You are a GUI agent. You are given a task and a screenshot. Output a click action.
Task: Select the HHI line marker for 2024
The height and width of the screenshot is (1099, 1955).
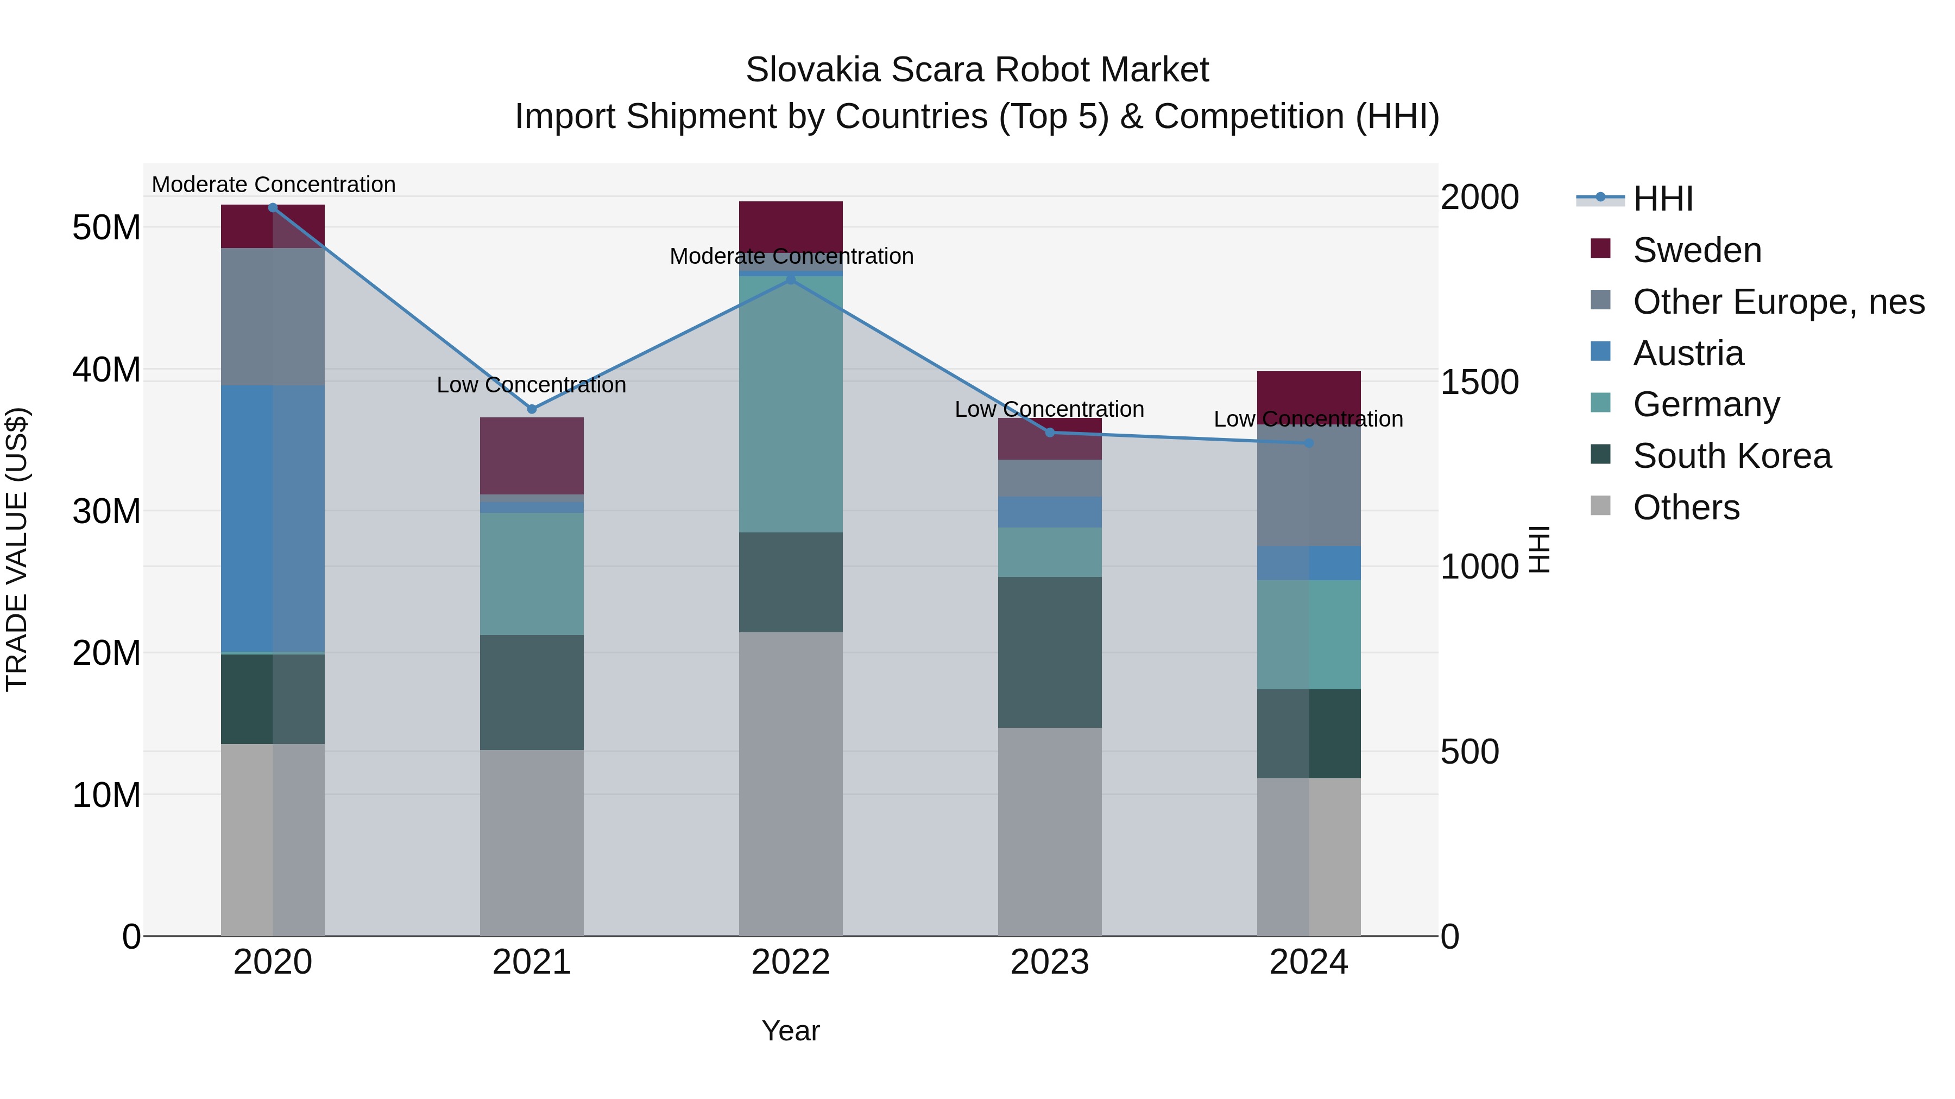(x=1308, y=443)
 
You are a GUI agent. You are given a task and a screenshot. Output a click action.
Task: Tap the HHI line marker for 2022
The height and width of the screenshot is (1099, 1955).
(x=790, y=279)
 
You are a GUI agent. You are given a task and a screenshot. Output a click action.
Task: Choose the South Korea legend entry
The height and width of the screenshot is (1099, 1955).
(x=1731, y=456)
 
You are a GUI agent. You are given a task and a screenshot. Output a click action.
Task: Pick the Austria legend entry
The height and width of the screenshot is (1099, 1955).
(x=1688, y=353)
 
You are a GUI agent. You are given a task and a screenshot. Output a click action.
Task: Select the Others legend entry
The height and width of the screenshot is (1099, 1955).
(x=1686, y=507)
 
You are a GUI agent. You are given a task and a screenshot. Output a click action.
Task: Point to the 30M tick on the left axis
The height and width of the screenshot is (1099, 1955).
(x=106, y=511)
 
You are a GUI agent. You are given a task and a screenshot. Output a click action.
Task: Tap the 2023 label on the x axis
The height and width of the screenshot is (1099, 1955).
(x=1050, y=962)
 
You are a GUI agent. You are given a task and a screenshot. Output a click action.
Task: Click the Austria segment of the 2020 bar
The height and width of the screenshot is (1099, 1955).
(x=273, y=518)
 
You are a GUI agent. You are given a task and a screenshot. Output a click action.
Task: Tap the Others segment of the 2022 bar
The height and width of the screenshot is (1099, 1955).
(x=790, y=784)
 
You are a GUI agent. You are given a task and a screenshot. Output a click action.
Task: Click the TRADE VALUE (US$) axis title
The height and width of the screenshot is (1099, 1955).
(x=17, y=549)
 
